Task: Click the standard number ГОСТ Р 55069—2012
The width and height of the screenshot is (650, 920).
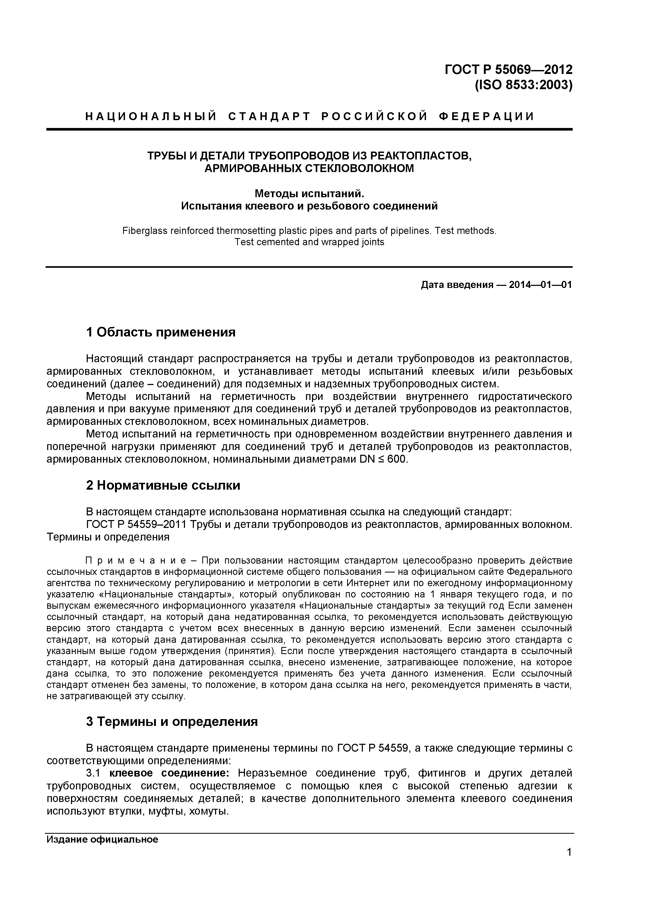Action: pyautogui.click(x=508, y=70)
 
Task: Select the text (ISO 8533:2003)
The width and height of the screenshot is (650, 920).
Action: pyautogui.click(x=523, y=86)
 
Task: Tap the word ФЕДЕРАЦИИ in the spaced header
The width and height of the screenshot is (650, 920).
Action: pyautogui.click(x=487, y=117)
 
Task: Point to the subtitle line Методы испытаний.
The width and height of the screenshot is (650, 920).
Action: pyautogui.click(x=309, y=194)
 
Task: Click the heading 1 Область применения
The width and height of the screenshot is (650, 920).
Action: pyautogui.click(x=161, y=332)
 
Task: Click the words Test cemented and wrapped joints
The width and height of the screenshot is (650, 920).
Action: pyautogui.click(x=309, y=242)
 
